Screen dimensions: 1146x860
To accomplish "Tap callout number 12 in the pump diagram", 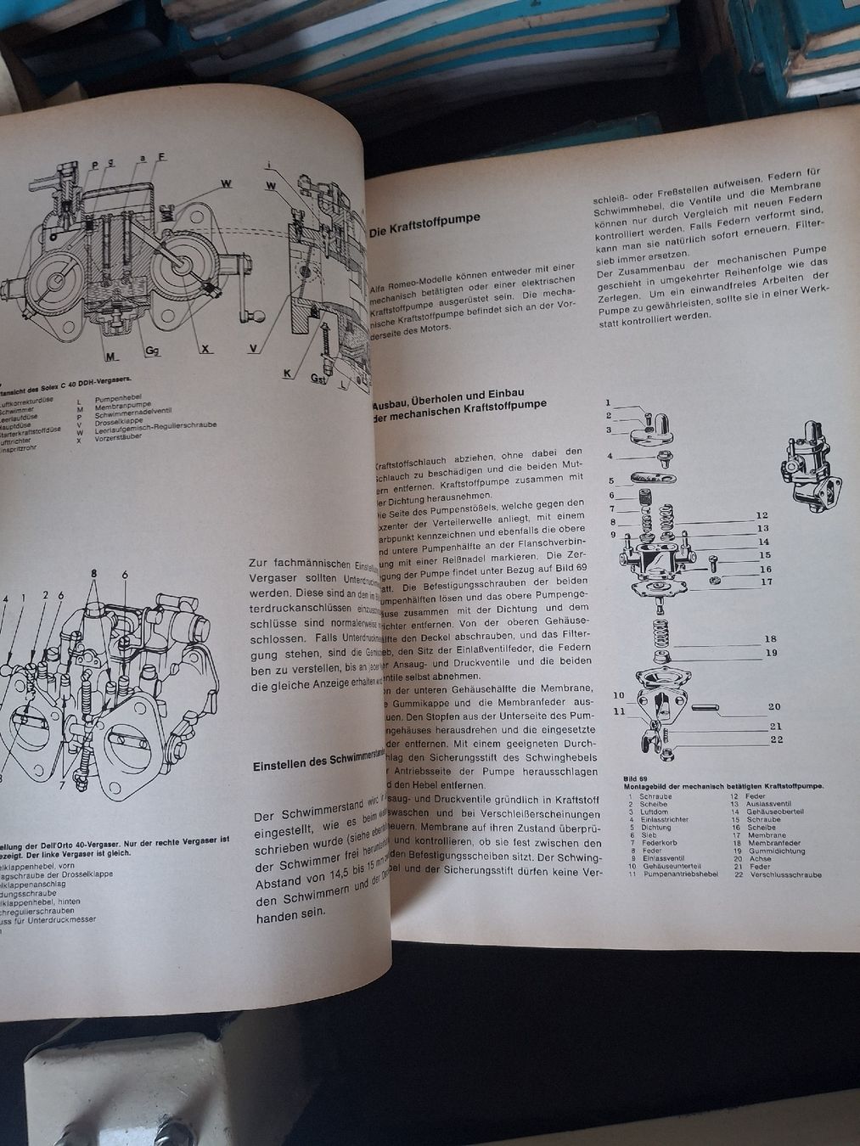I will pyautogui.click(x=762, y=515).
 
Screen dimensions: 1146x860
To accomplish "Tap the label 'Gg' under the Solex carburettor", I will pyautogui.click(x=153, y=350).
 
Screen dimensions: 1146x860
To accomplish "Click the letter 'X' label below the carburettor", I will pyautogui.click(x=206, y=349).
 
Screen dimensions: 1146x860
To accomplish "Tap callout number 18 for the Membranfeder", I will pyautogui.click(x=770, y=639).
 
